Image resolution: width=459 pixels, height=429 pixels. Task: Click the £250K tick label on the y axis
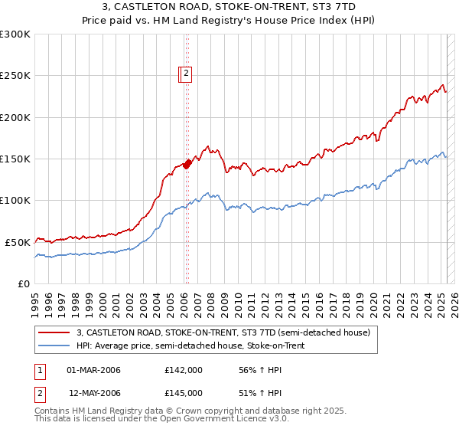click(x=15, y=76)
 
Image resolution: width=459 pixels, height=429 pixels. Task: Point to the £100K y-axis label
click(x=15, y=201)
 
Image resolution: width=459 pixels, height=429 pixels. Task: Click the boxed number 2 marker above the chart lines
click(x=186, y=74)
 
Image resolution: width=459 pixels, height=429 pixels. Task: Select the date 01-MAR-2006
click(x=94, y=371)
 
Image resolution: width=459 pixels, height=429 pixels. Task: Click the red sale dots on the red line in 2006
click(x=187, y=164)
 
